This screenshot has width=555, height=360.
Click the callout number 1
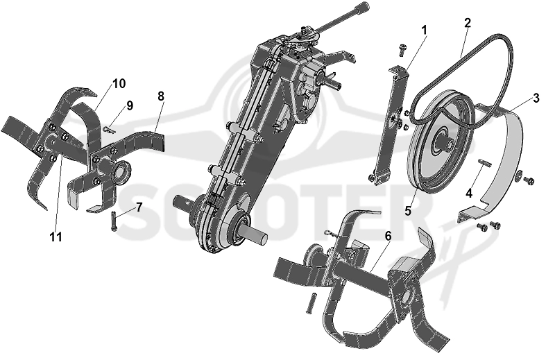tap(424, 31)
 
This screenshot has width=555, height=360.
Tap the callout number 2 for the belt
tap(468, 24)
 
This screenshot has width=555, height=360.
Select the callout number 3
tap(536, 98)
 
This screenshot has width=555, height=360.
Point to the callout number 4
tap(469, 194)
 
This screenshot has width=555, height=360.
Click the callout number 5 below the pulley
tap(409, 211)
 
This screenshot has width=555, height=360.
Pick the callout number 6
tap(388, 236)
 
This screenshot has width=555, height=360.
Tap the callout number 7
tap(139, 207)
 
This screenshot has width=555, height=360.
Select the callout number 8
tap(161, 96)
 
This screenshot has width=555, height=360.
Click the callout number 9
tap(130, 105)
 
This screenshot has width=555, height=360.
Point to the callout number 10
tap(119, 84)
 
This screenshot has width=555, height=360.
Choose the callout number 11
tap(56, 237)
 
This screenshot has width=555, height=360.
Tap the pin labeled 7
tap(114, 221)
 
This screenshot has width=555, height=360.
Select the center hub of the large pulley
tap(445, 142)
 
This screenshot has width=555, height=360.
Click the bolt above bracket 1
tap(402, 50)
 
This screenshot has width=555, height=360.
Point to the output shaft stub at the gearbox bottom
tap(255, 234)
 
